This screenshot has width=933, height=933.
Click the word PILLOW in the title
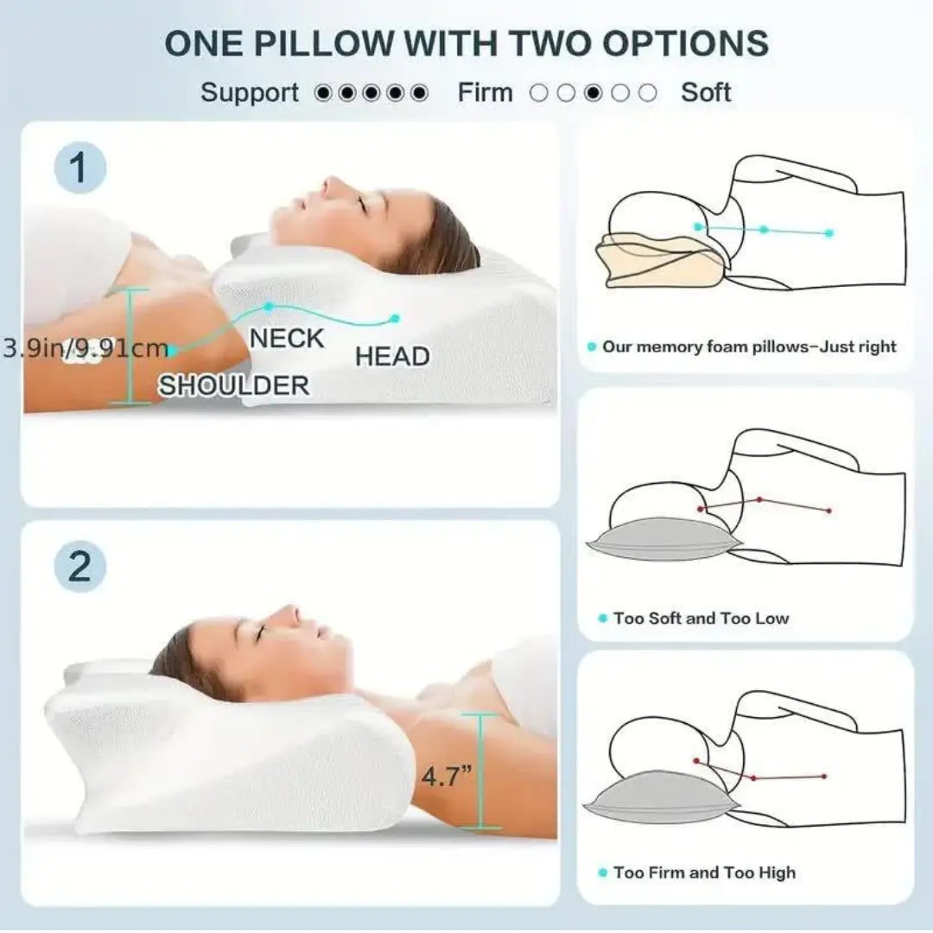[321, 43]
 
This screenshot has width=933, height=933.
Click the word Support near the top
[250, 92]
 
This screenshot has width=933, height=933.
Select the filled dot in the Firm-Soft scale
[593, 93]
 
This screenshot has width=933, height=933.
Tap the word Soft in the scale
[706, 92]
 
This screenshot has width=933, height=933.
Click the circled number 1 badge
[79, 168]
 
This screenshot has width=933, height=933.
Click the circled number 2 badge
[79, 568]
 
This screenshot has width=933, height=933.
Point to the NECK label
[287, 339]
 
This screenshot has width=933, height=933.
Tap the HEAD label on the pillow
[392, 357]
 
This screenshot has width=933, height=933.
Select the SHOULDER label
[233, 385]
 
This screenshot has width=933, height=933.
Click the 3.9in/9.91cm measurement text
[85, 349]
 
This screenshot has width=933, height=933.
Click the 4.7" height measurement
[447, 776]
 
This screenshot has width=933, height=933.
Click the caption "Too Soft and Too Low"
[701, 619]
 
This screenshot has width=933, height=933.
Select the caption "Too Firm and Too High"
[703, 873]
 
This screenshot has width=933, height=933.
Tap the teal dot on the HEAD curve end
[395, 318]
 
